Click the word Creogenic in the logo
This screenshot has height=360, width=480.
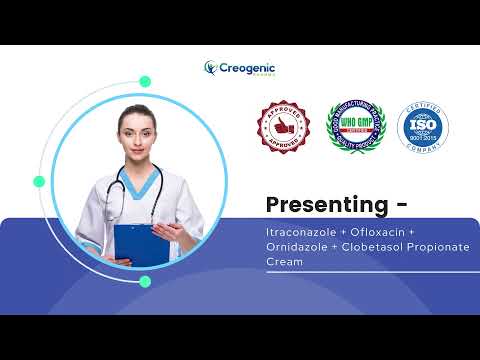pyautogui.click(x=247, y=66)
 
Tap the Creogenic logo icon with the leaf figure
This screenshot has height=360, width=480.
pyautogui.click(x=211, y=68)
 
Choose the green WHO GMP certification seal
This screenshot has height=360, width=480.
pyautogui.click(x=356, y=126)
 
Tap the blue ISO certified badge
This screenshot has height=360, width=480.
pyautogui.click(x=423, y=126)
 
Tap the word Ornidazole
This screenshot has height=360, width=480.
pyautogui.click(x=297, y=247)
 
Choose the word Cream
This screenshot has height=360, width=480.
pyautogui.click(x=284, y=261)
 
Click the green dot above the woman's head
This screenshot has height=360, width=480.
pyautogui.click(x=145, y=81)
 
